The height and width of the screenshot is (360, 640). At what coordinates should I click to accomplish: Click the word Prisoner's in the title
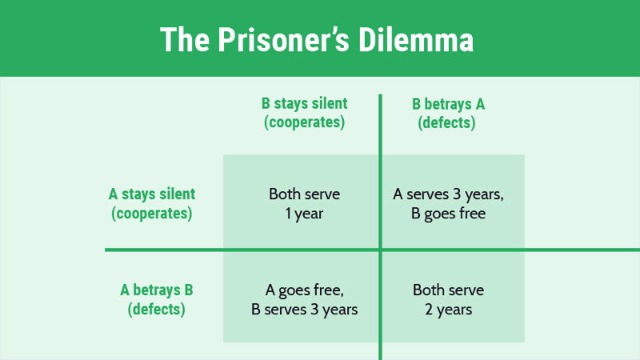[x=283, y=39]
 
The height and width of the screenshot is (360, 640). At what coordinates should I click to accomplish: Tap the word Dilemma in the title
[x=416, y=39]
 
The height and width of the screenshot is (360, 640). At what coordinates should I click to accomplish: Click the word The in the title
[x=185, y=39]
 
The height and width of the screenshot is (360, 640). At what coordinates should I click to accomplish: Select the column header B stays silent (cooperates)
[x=305, y=113]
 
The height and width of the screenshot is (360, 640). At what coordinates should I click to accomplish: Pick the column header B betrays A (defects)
[x=448, y=113]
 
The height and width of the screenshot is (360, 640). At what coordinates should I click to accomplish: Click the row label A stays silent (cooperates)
[x=152, y=204]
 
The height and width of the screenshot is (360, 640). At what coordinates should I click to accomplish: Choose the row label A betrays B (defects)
[x=156, y=299]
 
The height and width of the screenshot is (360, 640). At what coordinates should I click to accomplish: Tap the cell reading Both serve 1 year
[x=305, y=204]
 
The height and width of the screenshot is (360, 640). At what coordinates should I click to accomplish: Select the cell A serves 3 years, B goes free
[x=448, y=204]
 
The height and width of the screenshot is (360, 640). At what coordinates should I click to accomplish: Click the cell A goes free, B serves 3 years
[x=305, y=299]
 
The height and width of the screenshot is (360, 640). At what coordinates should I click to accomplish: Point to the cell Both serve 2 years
[x=448, y=299]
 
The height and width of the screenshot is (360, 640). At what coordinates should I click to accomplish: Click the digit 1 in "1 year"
[x=288, y=214]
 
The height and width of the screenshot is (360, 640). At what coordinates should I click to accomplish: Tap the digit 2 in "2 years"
[x=429, y=310]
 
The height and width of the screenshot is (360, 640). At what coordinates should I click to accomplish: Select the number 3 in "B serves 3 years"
[x=314, y=310]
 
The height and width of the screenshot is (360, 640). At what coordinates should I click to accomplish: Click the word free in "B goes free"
[x=472, y=214]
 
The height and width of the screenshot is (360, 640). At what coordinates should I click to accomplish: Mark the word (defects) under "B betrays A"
[x=446, y=123]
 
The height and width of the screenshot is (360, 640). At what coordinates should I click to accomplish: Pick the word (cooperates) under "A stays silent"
[x=152, y=214]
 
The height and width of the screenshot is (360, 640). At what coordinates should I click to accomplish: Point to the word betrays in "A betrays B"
[x=156, y=290]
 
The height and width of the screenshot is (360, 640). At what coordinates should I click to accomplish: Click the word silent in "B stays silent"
[x=330, y=104]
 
